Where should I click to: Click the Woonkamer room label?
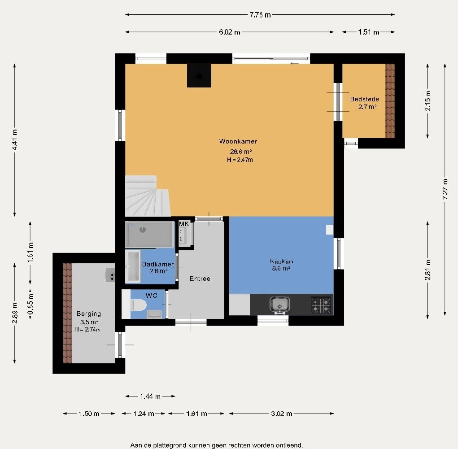238,141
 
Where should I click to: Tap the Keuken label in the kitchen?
281,262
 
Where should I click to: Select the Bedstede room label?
365,99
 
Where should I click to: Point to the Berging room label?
89,314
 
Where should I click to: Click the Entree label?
200,279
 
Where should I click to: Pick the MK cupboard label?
184,224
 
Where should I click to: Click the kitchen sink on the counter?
280,305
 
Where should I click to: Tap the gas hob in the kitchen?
321,305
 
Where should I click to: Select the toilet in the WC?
138,305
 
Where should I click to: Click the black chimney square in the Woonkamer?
199,76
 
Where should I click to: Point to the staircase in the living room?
148,196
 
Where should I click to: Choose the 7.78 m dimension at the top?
260,15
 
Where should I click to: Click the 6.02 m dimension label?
230,32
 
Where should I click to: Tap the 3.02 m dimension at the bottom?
282,414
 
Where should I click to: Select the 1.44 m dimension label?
150,396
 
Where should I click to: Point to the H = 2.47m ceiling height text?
240,160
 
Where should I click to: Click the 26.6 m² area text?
241,152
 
